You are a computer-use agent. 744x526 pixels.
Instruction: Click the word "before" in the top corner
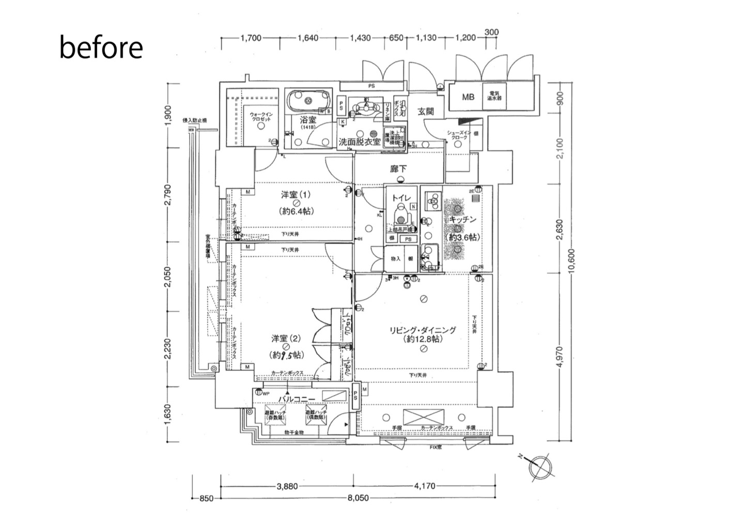click(101, 48)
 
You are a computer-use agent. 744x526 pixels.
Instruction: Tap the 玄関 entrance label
click(426, 111)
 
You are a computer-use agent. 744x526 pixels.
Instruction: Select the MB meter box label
click(468, 97)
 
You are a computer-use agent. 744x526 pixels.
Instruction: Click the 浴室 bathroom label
click(308, 120)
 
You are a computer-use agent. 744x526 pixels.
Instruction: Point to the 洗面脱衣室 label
click(359, 141)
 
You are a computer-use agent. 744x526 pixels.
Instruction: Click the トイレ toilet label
click(401, 197)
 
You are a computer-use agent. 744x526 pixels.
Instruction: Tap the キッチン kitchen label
click(462, 219)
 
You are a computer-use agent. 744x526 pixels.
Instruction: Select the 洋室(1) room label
click(296, 195)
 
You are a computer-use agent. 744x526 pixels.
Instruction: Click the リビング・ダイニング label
click(423, 330)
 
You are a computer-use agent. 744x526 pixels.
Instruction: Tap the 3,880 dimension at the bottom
click(287, 486)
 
